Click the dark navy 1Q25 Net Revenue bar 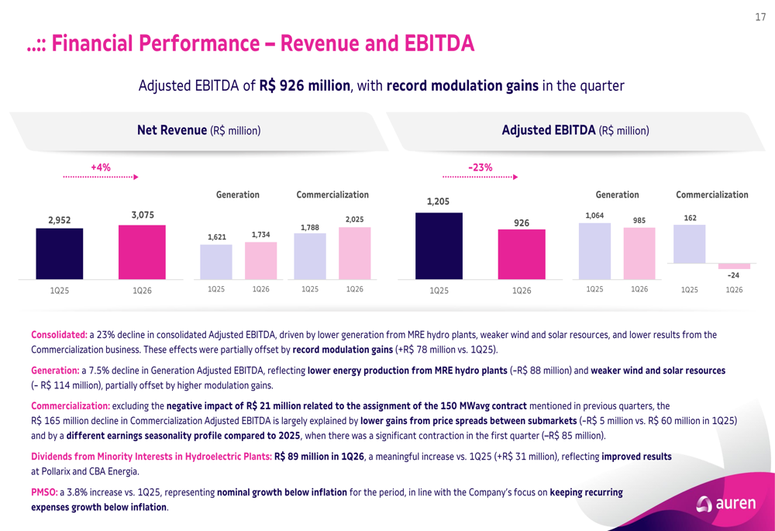(60, 253)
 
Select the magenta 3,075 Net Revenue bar (142, 252)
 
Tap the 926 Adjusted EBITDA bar (522, 254)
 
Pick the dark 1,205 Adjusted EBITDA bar (439, 246)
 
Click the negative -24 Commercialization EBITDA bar (734, 266)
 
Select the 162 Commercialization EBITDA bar (690, 244)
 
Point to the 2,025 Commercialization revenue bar (354, 253)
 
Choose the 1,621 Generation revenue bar (216, 262)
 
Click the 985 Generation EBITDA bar (639, 253)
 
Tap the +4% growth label (100, 167)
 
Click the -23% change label (480, 167)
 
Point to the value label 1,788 (310, 227)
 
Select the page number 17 (760, 17)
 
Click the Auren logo (725, 503)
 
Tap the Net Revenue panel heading (198, 130)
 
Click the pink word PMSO (44, 492)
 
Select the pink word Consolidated (60, 335)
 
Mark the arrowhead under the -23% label (515, 177)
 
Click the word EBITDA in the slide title (439, 43)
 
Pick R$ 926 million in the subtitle (305, 85)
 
